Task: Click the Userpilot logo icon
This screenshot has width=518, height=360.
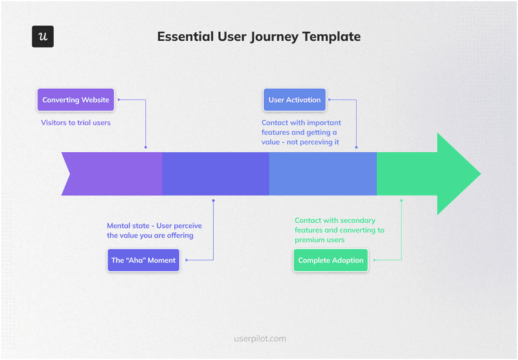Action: click(x=43, y=37)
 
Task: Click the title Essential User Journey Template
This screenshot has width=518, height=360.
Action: click(x=259, y=37)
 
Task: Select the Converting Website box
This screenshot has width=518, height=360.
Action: click(x=76, y=100)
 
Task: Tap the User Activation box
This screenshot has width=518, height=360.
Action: click(x=295, y=100)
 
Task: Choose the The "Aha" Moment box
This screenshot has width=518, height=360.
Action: click(x=144, y=260)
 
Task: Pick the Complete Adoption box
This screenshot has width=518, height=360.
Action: click(x=331, y=260)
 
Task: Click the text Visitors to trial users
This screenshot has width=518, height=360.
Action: click(x=76, y=122)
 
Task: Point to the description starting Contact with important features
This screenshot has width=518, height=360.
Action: click(x=301, y=132)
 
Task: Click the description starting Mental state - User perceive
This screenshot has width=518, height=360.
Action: click(x=154, y=231)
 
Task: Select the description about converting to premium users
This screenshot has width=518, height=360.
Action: click(x=339, y=230)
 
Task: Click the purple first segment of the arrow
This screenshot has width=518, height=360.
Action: click(x=113, y=174)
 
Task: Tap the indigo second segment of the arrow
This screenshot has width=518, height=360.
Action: click(x=215, y=174)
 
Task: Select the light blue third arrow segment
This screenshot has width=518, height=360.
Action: click(x=322, y=174)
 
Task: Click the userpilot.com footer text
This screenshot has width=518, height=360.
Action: click(x=259, y=338)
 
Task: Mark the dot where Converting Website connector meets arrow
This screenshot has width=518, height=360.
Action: click(x=146, y=148)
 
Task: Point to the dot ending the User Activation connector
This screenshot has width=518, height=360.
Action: click(x=356, y=148)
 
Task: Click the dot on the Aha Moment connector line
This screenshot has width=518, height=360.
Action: click(x=213, y=201)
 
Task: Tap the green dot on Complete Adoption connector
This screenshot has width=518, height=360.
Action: click(x=401, y=201)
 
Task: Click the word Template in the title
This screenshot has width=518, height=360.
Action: click(x=331, y=37)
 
